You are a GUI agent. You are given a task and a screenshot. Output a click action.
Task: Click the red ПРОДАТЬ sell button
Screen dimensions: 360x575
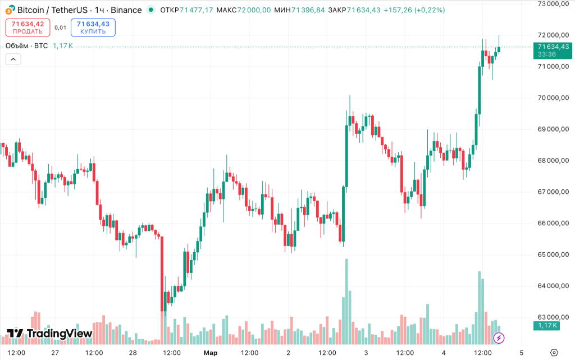click(x=28, y=28)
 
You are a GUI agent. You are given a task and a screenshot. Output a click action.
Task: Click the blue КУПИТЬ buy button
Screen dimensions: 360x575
click(x=93, y=28)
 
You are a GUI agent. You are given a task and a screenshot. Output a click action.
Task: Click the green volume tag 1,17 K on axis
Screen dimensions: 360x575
click(x=547, y=326)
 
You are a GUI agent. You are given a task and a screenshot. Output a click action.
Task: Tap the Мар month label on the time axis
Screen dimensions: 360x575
click(x=210, y=353)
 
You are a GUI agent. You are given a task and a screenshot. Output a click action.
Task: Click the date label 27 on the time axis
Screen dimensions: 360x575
click(x=55, y=353)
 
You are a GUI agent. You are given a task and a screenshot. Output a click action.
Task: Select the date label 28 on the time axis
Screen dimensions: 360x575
click(x=133, y=353)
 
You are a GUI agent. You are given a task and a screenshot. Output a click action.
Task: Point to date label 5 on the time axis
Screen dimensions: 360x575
click(x=522, y=353)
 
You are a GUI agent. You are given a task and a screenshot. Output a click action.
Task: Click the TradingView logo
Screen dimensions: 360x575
click(x=49, y=334)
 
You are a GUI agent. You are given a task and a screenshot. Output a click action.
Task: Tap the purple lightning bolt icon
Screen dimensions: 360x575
click(x=499, y=338)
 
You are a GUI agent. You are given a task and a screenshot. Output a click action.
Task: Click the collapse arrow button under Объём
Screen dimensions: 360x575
click(x=13, y=59)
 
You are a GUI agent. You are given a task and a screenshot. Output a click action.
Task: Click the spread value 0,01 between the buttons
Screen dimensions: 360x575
click(x=60, y=28)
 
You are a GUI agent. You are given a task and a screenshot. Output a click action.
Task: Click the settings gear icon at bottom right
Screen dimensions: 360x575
click(x=554, y=353)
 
